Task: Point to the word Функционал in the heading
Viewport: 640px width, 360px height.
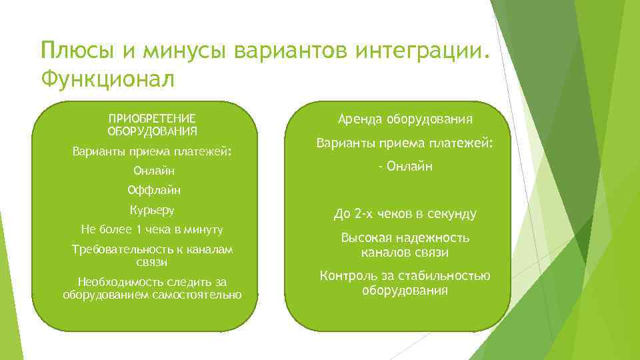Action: pyautogui.click(x=107, y=79)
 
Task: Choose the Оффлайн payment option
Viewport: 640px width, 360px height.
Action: pyautogui.click(x=153, y=191)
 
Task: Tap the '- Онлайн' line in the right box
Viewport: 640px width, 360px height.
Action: pyautogui.click(x=405, y=166)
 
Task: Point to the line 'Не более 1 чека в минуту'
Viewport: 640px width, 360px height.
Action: pyautogui.click(x=152, y=229)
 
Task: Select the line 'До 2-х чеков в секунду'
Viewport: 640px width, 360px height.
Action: pyautogui.click(x=405, y=214)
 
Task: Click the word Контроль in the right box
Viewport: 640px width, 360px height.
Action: pyautogui.click(x=347, y=276)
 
